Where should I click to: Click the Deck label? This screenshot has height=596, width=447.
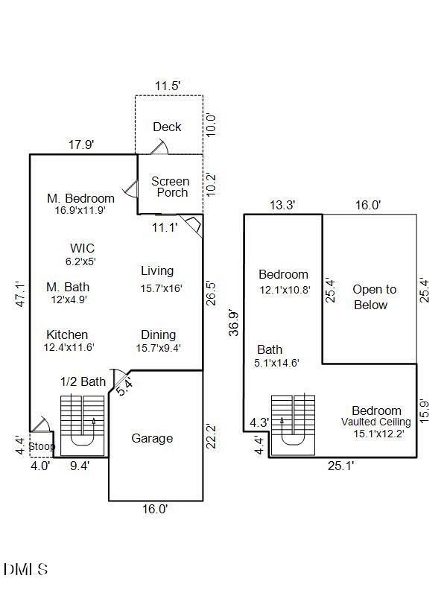(167, 127)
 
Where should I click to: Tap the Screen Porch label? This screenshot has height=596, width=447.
(170, 187)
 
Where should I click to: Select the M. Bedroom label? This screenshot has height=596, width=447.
(80, 198)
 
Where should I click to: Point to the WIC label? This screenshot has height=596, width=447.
(82, 248)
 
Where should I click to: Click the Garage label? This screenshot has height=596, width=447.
(152, 438)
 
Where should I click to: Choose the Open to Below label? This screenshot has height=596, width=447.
(374, 297)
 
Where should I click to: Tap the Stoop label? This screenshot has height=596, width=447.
(42, 447)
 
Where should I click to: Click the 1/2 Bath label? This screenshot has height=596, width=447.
(83, 381)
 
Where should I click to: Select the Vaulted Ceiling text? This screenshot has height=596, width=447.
(376, 422)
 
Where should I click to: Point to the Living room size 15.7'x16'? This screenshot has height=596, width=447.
(161, 288)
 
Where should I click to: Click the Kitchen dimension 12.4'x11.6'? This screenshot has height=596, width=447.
(69, 347)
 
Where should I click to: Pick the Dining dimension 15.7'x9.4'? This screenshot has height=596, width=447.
(158, 348)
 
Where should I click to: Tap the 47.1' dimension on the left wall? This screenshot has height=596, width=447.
(21, 294)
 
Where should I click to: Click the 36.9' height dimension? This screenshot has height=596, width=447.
(235, 323)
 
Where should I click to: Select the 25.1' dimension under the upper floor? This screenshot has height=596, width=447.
(340, 466)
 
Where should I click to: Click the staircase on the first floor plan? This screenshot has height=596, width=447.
(82, 425)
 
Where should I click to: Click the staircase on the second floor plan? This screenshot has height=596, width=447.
(293, 425)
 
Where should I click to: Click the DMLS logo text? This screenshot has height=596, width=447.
(26, 570)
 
